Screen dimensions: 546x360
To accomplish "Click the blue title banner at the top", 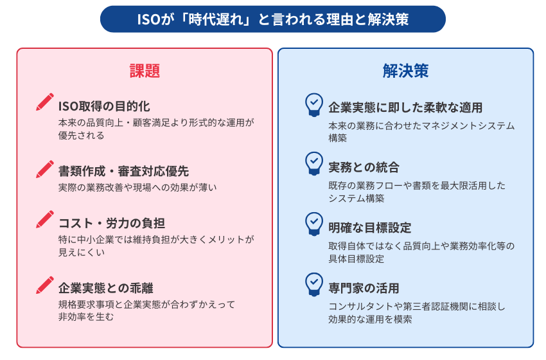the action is tap(272, 19).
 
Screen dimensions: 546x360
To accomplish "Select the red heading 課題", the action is tap(145, 71).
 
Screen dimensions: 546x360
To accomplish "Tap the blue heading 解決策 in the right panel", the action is tap(406, 71).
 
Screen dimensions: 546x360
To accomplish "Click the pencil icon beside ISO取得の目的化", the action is tap(45, 102).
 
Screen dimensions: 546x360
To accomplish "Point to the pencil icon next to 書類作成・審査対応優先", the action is tap(45, 169).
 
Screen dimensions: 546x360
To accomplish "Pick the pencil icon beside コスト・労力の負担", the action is tap(45, 219).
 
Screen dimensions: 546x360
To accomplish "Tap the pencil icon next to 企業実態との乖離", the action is tap(45, 285).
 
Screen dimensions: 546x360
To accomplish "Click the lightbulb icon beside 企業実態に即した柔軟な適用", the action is tap(314, 105).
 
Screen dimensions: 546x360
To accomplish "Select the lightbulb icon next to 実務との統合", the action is tap(314, 163).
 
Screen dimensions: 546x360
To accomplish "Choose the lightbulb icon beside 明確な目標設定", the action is tap(314, 224).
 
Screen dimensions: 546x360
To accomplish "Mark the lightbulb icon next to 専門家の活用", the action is tap(314, 284).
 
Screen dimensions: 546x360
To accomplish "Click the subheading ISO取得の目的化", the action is tap(104, 106).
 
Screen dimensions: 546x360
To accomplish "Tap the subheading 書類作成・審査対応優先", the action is tap(123, 171).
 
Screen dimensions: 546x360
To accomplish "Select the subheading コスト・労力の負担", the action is tap(112, 223).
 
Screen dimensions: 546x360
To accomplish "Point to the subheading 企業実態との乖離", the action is tap(106, 288).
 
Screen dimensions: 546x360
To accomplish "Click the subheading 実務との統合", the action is tap(364, 167).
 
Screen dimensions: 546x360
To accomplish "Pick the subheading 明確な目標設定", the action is tap(370, 228).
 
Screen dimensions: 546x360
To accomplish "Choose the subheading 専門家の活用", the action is tap(364, 288).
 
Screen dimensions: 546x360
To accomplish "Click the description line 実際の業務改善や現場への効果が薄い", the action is tap(137, 188).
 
